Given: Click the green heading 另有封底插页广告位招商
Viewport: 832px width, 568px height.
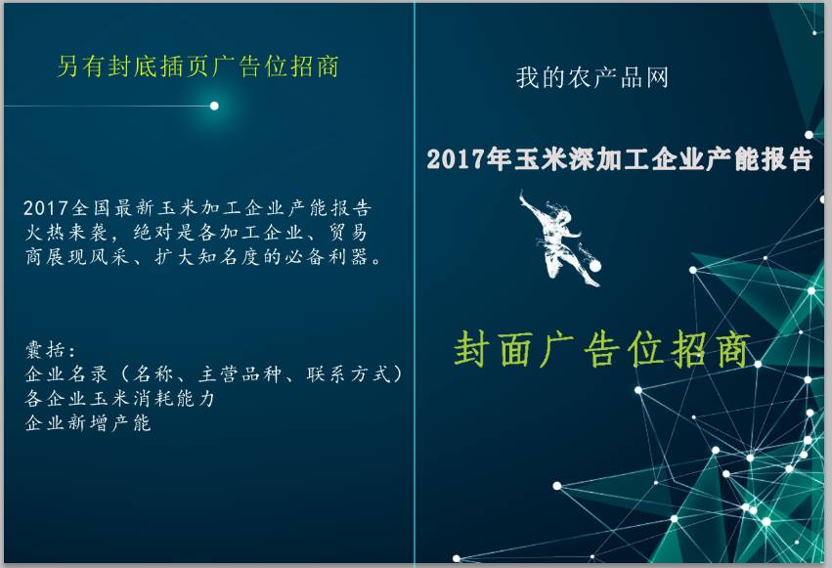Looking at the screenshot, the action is point(197,66).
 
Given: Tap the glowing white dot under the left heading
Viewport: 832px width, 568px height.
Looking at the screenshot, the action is point(214,106).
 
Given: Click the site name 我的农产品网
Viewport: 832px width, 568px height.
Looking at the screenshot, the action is point(591,77).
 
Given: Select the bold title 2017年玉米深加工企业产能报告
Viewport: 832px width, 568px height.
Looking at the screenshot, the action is point(619,158).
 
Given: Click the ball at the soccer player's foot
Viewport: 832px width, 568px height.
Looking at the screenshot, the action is point(594,265).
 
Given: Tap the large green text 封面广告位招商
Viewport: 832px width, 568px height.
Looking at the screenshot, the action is point(602,349).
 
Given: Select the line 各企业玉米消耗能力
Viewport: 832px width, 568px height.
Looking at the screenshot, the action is point(120,398).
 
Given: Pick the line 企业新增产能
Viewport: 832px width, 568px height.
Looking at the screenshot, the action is point(88,422).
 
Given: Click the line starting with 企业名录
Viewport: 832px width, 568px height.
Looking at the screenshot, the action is point(213,373).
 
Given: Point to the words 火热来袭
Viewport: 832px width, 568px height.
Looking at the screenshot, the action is point(66,233).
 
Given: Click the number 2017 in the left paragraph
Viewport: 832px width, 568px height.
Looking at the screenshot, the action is point(46,208).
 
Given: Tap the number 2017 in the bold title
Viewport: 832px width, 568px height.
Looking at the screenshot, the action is point(456,159).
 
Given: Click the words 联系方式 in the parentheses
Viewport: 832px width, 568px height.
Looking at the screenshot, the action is point(349,373).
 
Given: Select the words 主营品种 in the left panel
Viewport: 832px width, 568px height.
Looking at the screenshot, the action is point(241,373).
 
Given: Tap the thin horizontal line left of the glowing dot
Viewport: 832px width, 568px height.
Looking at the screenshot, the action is point(107,106).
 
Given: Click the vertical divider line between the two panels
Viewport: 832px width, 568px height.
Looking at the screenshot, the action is point(415,284).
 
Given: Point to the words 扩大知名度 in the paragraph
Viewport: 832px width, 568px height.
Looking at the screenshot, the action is point(207,257).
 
